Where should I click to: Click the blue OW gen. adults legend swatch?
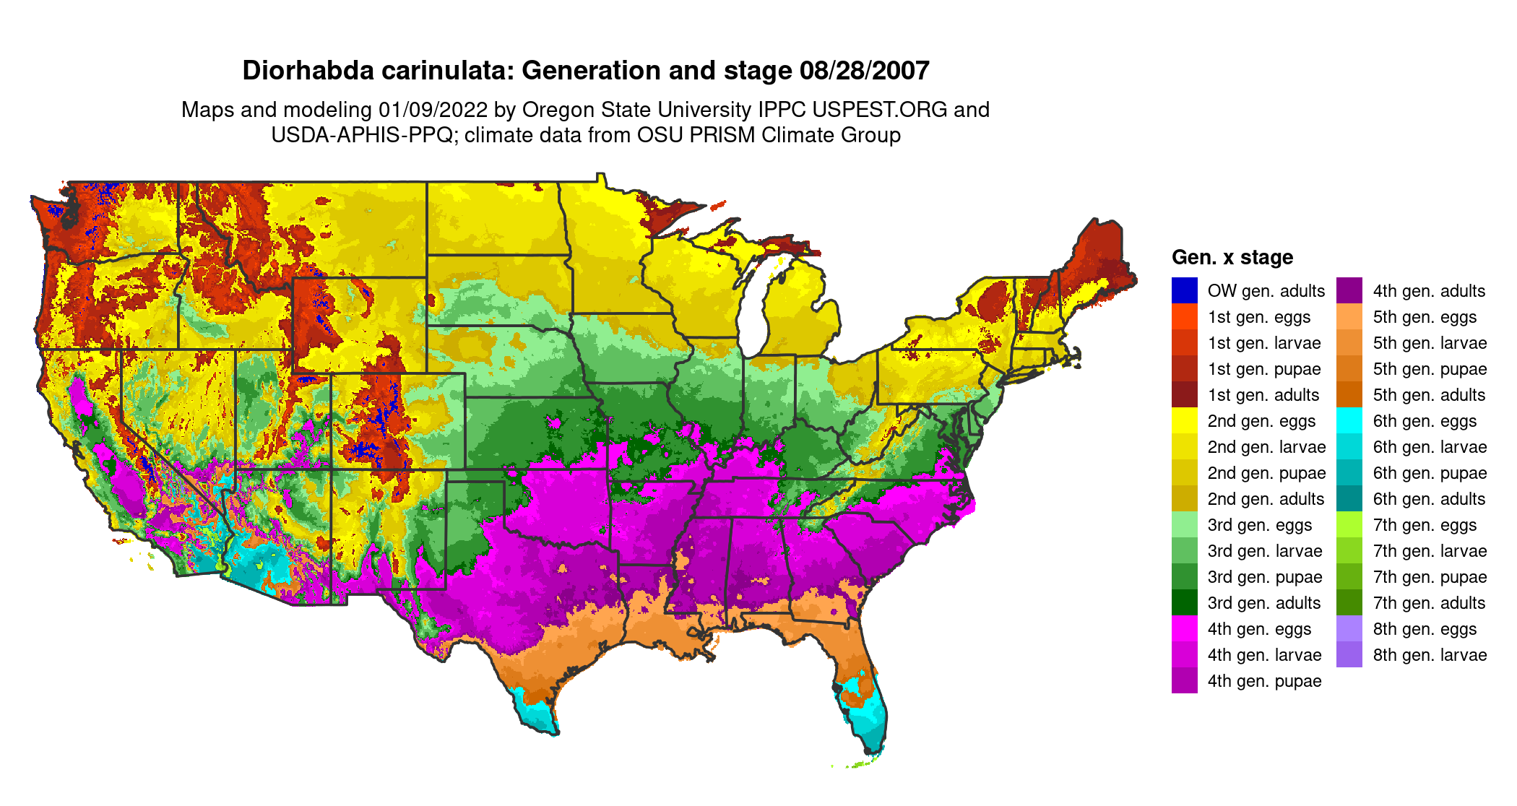point(1184,290)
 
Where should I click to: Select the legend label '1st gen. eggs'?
point(1258,317)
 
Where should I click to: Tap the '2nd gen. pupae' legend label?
point(1266,473)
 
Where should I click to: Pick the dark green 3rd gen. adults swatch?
point(1184,602)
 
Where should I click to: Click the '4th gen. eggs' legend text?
point(1259,629)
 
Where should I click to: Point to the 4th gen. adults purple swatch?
point(1349,290)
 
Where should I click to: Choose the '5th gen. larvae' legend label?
point(1430,343)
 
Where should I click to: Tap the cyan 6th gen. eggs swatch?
point(1349,420)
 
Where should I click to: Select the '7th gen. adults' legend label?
point(1429,603)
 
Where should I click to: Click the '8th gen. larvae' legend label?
point(1430,655)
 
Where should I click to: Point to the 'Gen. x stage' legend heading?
point(1232,257)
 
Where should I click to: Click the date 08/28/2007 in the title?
point(864,71)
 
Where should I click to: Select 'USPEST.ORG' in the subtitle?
point(879,110)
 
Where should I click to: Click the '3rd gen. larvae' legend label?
point(1264,551)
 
